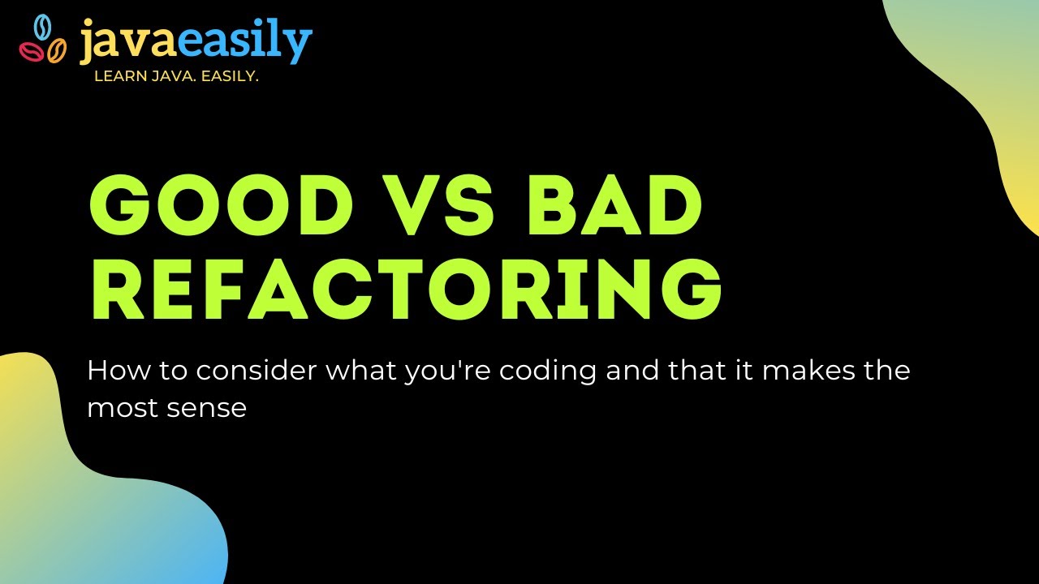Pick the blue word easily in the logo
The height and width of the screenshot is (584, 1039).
pyautogui.click(x=244, y=44)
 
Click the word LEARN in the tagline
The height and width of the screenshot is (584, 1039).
pyautogui.click(x=119, y=77)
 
